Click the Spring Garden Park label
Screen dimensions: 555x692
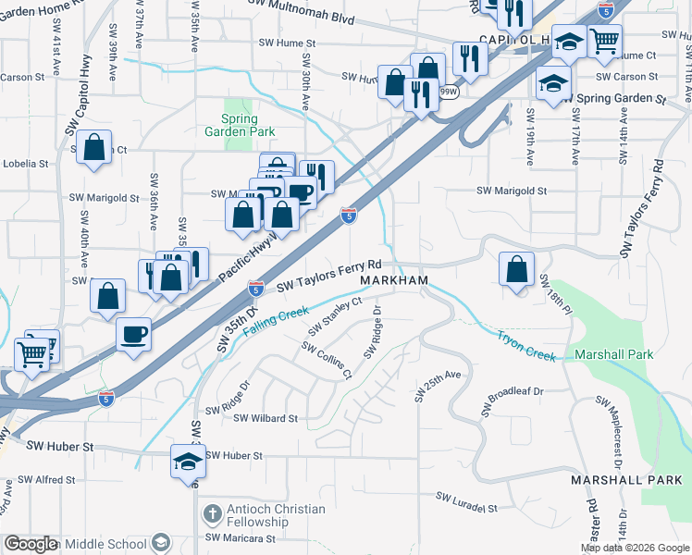[239, 125]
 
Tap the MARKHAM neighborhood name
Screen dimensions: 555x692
[394, 280]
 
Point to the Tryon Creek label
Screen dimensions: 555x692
[525, 344]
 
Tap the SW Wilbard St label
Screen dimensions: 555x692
[266, 418]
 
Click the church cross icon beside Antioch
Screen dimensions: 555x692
[211, 514]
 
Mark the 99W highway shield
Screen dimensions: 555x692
[448, 92]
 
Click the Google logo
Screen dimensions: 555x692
[31, 544]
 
